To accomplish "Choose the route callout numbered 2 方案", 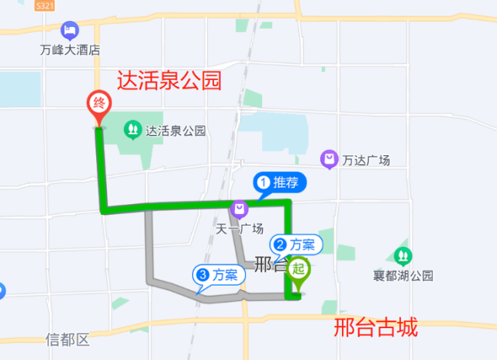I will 295,245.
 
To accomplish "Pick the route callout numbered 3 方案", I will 219,274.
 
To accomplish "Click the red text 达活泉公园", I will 170,81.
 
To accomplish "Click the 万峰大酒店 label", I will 71,50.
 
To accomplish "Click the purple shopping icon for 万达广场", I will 330,159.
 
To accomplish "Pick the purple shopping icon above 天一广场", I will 239,209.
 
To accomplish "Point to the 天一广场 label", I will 240,228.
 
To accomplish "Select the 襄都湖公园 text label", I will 401,275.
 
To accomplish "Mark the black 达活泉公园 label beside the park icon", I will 176,131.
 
